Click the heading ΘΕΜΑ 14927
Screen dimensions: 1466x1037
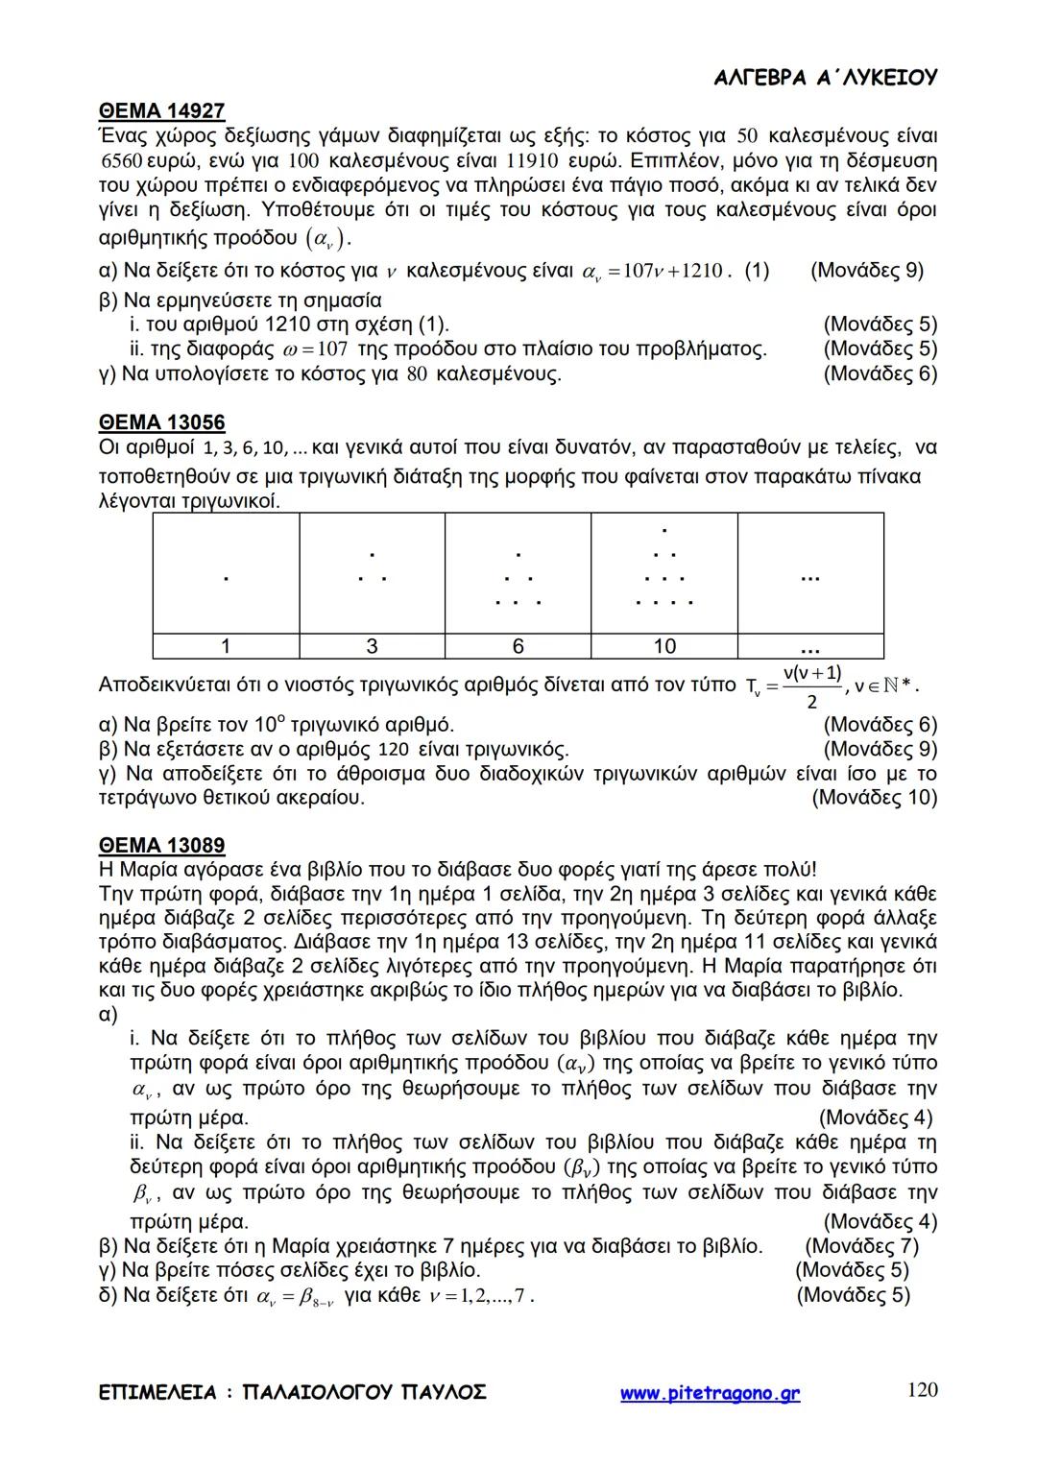(x=161, y=110)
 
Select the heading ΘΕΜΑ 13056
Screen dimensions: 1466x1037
(x=161, y=423)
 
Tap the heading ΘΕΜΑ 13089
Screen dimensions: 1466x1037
(x=161, y=846)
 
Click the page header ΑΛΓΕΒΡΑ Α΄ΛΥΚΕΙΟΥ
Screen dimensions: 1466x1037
(x=826, y=78)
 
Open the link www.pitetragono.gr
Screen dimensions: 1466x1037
(x=710, y=1393)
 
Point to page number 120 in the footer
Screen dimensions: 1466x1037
(x=922, y=1390)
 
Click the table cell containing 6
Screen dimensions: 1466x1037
(x=518, y=646)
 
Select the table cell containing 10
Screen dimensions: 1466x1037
(x=664, y=646)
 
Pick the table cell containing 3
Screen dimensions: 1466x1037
(x=373, y=646)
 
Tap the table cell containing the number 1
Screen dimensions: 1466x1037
(x=226, y=646)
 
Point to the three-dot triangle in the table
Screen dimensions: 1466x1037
(x=372, y=566)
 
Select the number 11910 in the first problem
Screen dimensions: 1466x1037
(x=525, y=159)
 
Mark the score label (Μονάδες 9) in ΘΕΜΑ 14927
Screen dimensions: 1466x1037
(x=867, y=271)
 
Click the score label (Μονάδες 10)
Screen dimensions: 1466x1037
(x=874, y=797)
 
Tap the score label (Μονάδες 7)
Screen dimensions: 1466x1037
(x=861, y=1246)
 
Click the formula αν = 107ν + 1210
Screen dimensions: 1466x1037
(x=653, y=272)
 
